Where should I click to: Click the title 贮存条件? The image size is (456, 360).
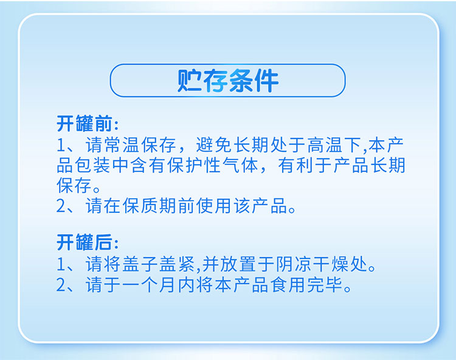[x=228, y=80]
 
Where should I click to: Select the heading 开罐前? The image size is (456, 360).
[x=85, y=123]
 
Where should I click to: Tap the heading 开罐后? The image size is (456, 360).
[x=85, y=242]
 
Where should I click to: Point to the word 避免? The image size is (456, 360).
[x=214, y=145]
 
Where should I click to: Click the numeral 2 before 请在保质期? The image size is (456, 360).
[x=61, y=206]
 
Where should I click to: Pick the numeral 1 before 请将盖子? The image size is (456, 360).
[x=61, y=265]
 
